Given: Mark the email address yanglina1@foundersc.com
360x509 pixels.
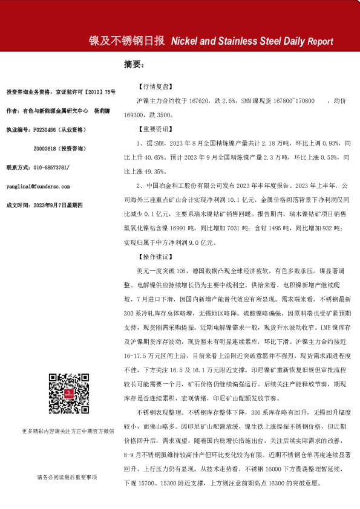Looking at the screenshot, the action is [x=38, y=187].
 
